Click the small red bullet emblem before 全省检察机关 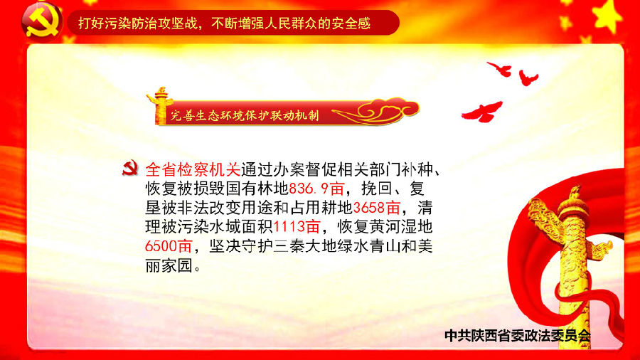tap(130, 168)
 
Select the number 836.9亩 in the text tap(316, 189)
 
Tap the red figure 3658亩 tap(376, 208)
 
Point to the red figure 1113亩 tap(297, 227)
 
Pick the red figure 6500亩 tap(169, 246)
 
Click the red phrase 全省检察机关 tap(193, 169)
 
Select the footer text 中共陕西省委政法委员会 tap(518, 336)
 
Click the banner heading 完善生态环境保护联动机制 tap(245, 115)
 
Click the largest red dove tap(482, 112)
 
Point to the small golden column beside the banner tap(161, 105)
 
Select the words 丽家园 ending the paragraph tap(169, 265)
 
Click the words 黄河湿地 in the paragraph tap(401, 227)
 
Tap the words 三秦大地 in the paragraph tap(305, 246)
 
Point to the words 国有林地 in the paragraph tap(257, 189)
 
